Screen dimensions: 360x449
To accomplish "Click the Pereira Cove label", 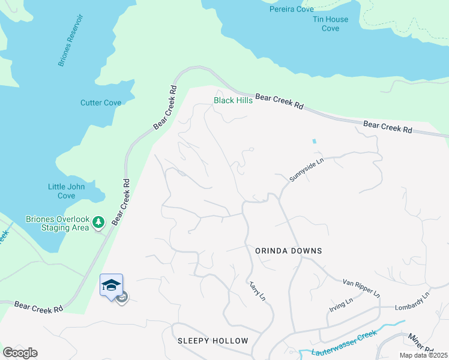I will (x=292, y=10).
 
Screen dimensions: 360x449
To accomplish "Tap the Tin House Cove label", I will (x=330, y=23).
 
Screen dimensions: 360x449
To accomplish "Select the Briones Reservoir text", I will (x=70, y=40).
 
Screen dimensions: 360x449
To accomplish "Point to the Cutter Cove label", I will (x=101, y=103).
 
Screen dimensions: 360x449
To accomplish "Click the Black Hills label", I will (x=233, y=100).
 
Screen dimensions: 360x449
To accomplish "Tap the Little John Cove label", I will (x=67, y=191).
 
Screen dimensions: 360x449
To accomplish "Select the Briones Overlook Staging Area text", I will (x=58, y=223).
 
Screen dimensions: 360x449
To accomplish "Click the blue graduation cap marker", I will (x=111, y=284).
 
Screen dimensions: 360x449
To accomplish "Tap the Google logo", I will (x=20, y=353).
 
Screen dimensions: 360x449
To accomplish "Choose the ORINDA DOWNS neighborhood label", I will (x=288, y=251).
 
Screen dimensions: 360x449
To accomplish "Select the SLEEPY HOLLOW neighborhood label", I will (x=212, y=341).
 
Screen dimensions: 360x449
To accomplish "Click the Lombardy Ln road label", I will (x=412, y=302).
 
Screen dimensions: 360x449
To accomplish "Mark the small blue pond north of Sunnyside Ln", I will (x=313, y=142).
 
